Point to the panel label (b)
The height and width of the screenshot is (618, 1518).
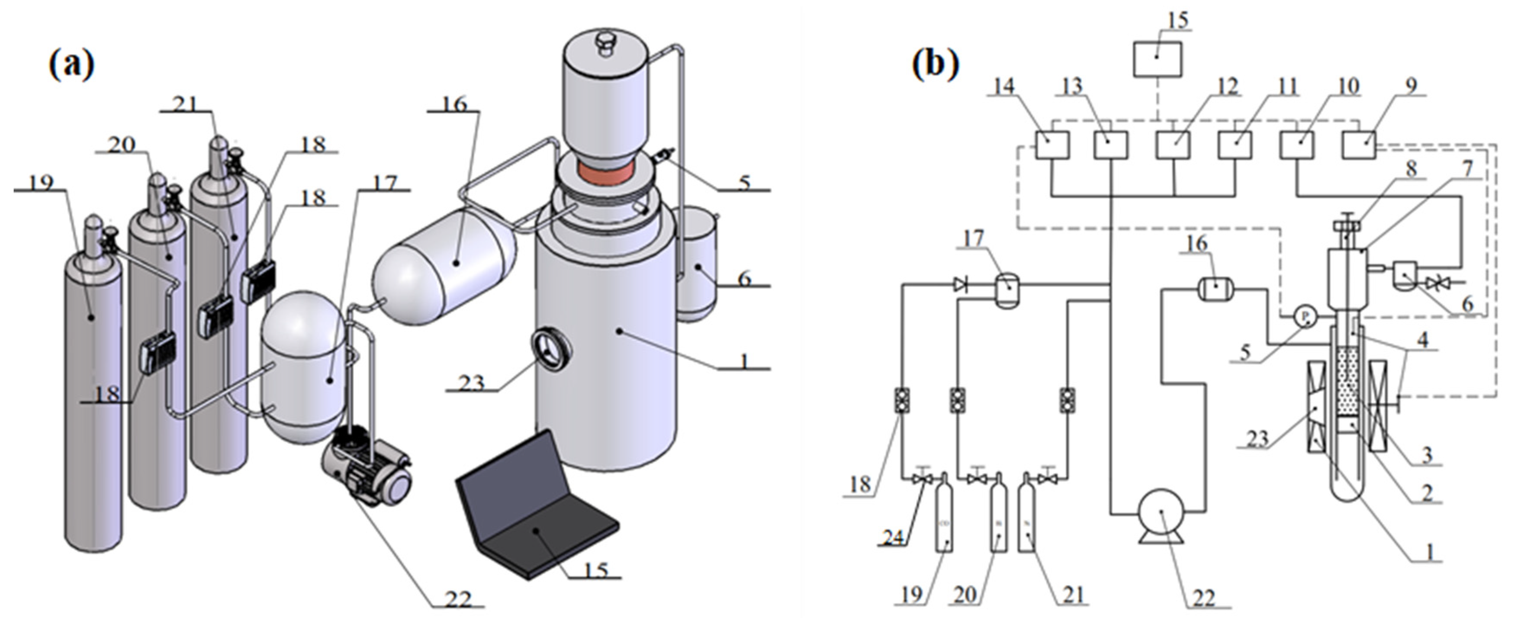pyautogui.click(x=936, y=63)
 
